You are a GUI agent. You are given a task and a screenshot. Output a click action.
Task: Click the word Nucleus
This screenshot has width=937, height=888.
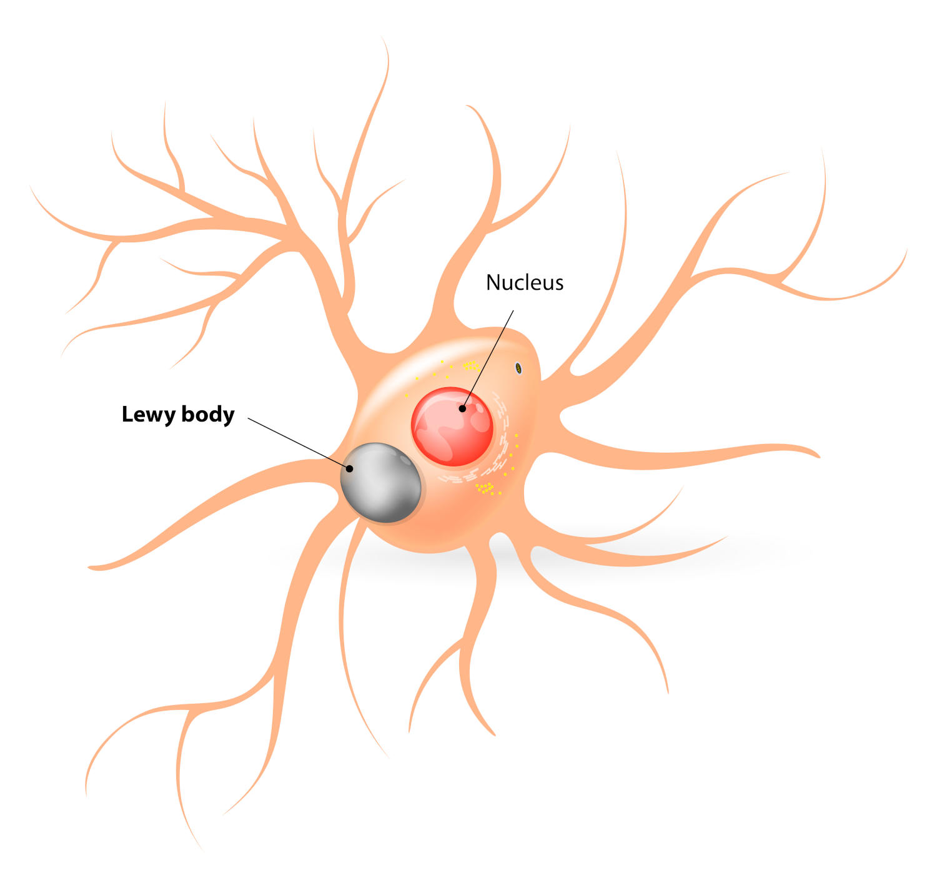(x=524, y=282)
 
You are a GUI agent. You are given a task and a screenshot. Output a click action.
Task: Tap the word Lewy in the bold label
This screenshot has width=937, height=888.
(x=148, y=415)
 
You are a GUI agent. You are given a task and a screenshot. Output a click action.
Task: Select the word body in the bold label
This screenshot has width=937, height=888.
(x=208, y=414)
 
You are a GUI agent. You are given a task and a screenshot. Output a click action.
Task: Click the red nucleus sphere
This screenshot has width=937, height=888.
(x=452, y=426)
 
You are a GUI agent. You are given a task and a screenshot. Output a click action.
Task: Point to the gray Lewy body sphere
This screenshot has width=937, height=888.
(x=380, y=482)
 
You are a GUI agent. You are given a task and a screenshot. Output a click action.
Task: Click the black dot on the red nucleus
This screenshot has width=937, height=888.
(x=462, y=408)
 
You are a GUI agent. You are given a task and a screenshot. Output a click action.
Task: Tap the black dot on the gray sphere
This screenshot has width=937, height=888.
(x=349, y=468)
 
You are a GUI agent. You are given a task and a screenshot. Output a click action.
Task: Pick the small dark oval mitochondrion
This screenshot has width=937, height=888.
(x=518, y=368)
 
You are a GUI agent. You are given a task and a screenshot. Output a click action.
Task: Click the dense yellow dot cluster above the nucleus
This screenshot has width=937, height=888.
(x=471, y=366)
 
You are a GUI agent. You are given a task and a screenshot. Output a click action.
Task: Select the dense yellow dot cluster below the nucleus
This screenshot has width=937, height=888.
(x=485, y=488)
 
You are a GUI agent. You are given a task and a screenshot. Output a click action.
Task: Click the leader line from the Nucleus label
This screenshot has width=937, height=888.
(x=488, y=360)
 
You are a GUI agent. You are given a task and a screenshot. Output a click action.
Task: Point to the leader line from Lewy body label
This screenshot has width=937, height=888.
(x=299, y=443)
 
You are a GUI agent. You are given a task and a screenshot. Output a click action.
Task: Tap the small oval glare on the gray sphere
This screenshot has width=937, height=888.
(x=405, y=460)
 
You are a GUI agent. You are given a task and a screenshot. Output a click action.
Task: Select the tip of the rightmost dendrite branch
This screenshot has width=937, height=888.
(x=906, y=250)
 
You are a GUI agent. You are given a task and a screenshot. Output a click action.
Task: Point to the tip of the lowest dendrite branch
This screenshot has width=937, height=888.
(x=202, y=850)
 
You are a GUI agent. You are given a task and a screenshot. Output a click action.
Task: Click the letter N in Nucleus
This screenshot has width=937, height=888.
(x=492, y=283)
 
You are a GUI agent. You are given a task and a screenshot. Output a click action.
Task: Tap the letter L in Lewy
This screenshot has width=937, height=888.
(x=127, y=414)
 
